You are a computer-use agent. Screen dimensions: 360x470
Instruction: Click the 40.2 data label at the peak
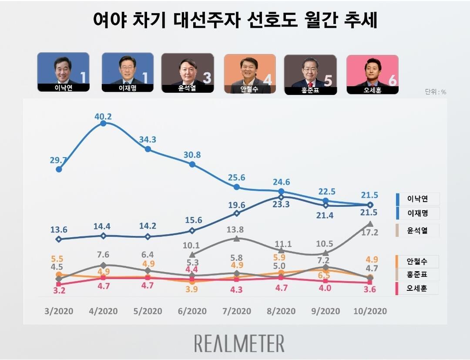tap(103, 116)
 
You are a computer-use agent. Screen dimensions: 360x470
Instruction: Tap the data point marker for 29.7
tap(59, 169)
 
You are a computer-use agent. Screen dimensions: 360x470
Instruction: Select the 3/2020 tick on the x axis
tap(59, 311)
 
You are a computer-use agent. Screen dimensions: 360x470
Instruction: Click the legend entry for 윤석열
tap(417, 230)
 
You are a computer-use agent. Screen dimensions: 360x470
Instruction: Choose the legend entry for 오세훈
tap(417, 288)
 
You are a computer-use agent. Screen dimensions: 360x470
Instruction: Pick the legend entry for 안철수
tap(417, 262)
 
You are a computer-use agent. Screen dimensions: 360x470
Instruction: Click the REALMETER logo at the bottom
tap(239, 343)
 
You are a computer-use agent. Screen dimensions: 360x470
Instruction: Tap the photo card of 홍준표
tap(310, 74)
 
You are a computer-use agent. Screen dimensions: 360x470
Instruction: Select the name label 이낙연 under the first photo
tap(63, 87)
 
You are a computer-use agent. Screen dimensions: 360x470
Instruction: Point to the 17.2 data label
tap(370, 232)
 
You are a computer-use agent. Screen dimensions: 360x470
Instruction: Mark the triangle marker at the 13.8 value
tap(236, 239)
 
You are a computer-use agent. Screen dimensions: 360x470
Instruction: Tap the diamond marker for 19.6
tap(236, 213)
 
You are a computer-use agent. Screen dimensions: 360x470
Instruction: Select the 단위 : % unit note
tap(435, 92)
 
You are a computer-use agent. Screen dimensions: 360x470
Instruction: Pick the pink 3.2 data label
tap(58, 291)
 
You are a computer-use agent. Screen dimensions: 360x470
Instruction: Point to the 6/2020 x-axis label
tap(192, 311)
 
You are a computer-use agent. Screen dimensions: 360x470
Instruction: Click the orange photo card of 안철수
tap(250, 73)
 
